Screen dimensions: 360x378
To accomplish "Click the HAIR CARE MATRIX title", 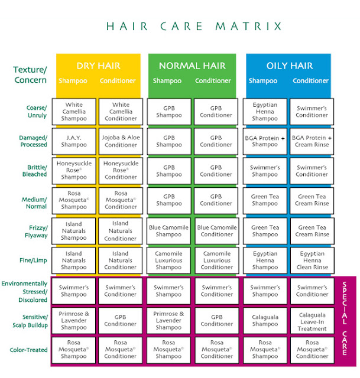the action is click(x=194, y=26).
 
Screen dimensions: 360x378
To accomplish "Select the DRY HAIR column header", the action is click(x=99, y=66).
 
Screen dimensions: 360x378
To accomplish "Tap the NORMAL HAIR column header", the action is click(x=192, y=66).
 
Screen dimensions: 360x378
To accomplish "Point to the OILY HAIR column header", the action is click(x=290, y=66).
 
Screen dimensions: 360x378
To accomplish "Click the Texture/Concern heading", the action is click(x=30, y=75).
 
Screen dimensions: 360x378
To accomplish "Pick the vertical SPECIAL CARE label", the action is click(x=345, y=318).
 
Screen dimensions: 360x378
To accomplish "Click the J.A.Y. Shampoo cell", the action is click(x=74, y=141).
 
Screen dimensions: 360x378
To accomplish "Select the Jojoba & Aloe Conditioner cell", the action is click(x=121, y=141).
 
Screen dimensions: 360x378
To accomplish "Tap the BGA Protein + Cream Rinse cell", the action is click(x=312, y=141).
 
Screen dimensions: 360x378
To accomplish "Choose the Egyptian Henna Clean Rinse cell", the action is click(x=312, y=260).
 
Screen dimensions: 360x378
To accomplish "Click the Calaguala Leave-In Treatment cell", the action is click(x=312, y=321).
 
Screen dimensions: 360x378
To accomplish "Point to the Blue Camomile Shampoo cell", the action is click(x=168, y=231).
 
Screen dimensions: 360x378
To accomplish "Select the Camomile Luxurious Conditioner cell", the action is click(x=217, y=260).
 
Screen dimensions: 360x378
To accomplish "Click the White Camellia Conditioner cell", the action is click(x=121, y=112).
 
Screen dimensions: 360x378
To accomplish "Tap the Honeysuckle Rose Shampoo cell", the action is click(x=74, y=171).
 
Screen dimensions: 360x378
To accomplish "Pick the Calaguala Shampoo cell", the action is click(x=265, y=321).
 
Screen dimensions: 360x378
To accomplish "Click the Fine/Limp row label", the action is click(x=33, y=260).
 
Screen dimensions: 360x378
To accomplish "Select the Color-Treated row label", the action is click(x=28, y=350).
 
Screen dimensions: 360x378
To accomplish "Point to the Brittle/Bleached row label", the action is click(x=34, y=171).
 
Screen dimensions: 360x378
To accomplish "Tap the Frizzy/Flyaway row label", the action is click(x=36, y=232).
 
